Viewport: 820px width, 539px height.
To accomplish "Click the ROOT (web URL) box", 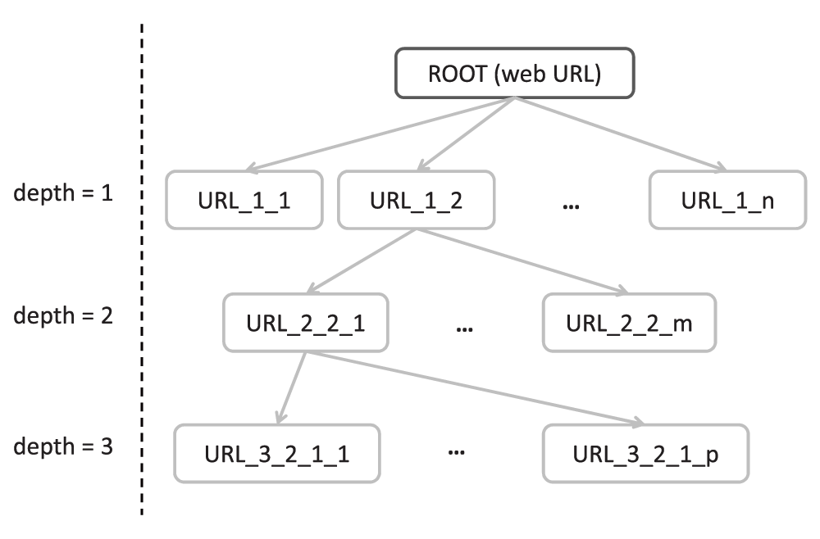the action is [515, 73].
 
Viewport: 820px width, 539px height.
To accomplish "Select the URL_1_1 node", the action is [244, 200].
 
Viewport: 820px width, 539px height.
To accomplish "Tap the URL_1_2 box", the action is [417, 200].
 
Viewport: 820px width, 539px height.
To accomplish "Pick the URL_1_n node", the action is [727, 200].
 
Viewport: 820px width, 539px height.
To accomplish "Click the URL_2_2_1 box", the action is [305, 323].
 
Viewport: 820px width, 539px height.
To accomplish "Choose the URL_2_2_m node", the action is [629, 323].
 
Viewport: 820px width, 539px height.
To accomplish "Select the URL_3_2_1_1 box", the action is [276, 453].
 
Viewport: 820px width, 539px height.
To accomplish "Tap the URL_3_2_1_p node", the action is [646, 453].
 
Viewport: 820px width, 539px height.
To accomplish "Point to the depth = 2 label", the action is [63, 316].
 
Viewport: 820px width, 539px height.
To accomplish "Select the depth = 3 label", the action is [63, 447].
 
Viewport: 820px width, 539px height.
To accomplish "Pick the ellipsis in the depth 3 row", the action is [457, 452].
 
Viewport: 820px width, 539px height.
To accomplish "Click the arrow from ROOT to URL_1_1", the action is [380, 134].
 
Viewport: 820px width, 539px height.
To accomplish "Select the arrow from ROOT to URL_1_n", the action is [621, 134].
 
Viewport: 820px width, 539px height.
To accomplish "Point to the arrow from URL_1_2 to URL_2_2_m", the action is [522, 261].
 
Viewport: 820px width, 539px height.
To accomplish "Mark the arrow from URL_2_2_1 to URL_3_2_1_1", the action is [291, 388].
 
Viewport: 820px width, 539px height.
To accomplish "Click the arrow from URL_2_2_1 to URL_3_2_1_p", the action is [475, 389].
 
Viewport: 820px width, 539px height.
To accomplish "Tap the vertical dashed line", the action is [142, 269].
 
